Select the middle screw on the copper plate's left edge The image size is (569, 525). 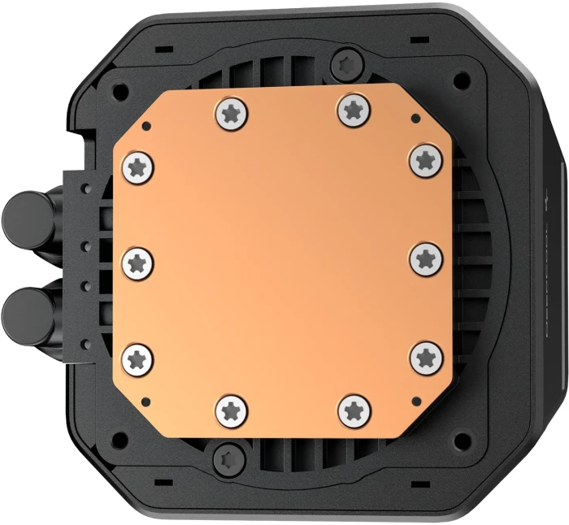tap(138, 262)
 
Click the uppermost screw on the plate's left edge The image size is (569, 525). tap(137, 167)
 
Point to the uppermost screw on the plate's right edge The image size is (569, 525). tap(423, 160)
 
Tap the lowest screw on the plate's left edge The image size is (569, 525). tap(138, 357)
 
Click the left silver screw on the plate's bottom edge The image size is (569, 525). tap(231, 410)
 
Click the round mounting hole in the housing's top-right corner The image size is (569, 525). tap(462, 80)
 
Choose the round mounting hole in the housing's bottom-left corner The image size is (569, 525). tap(120, 440)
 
